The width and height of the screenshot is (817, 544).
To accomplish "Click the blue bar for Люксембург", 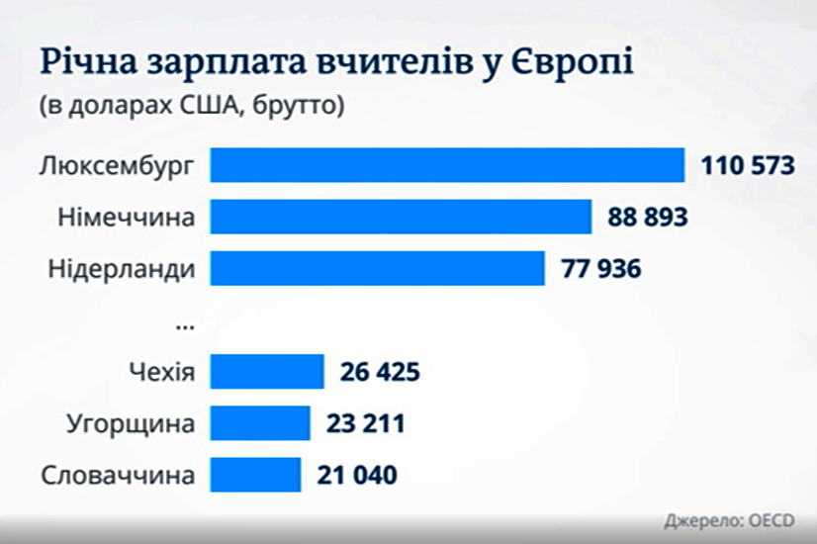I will tap(448, 165).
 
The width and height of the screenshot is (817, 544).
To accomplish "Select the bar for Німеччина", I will tap(401, 217).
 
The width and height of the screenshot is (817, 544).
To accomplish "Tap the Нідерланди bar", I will tap(378, 268).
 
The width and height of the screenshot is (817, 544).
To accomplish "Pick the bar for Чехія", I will tap(268, 373).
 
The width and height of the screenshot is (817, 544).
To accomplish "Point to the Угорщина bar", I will tap(260, 424).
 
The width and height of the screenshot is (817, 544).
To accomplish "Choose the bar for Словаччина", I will tap(255, 476).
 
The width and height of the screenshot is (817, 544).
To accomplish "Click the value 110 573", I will tap(749, 165).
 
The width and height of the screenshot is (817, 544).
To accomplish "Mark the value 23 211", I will tap(364, 424).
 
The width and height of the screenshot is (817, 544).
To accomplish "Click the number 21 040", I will tap(357, 476).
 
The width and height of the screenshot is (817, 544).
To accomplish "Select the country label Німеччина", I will tap(122, 217).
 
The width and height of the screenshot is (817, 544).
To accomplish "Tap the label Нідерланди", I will tap(122, 268).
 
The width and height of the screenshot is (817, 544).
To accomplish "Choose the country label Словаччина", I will tap(118, 476).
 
